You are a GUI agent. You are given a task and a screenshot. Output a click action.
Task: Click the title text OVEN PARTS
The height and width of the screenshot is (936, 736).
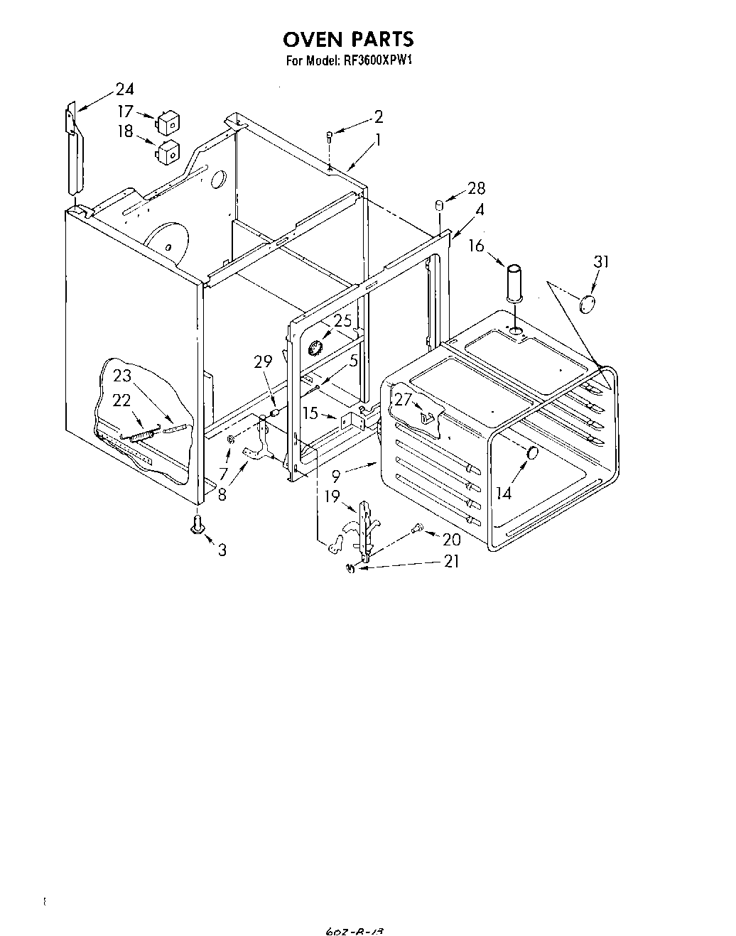tap(349, 38)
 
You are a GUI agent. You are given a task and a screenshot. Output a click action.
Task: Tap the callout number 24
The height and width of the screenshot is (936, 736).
tap(124, 89)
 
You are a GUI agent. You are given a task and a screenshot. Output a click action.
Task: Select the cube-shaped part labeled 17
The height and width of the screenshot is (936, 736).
tap(169, 124)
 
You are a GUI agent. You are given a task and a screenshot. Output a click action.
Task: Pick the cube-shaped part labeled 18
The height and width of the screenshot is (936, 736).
tap(169, 151)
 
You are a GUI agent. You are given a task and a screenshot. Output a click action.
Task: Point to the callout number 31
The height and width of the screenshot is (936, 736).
tap(602, 262)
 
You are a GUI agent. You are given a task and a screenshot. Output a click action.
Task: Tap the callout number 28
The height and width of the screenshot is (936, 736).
tap(476, 188)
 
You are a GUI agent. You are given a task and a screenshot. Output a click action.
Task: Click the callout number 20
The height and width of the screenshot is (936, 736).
tap(451, 540)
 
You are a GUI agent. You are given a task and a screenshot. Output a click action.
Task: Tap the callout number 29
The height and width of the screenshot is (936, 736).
tap(263, 362)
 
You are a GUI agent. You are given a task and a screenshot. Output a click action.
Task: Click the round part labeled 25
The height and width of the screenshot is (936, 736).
tap(316, 348)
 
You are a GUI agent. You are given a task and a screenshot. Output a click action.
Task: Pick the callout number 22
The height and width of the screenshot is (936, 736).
tap(122, 401)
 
